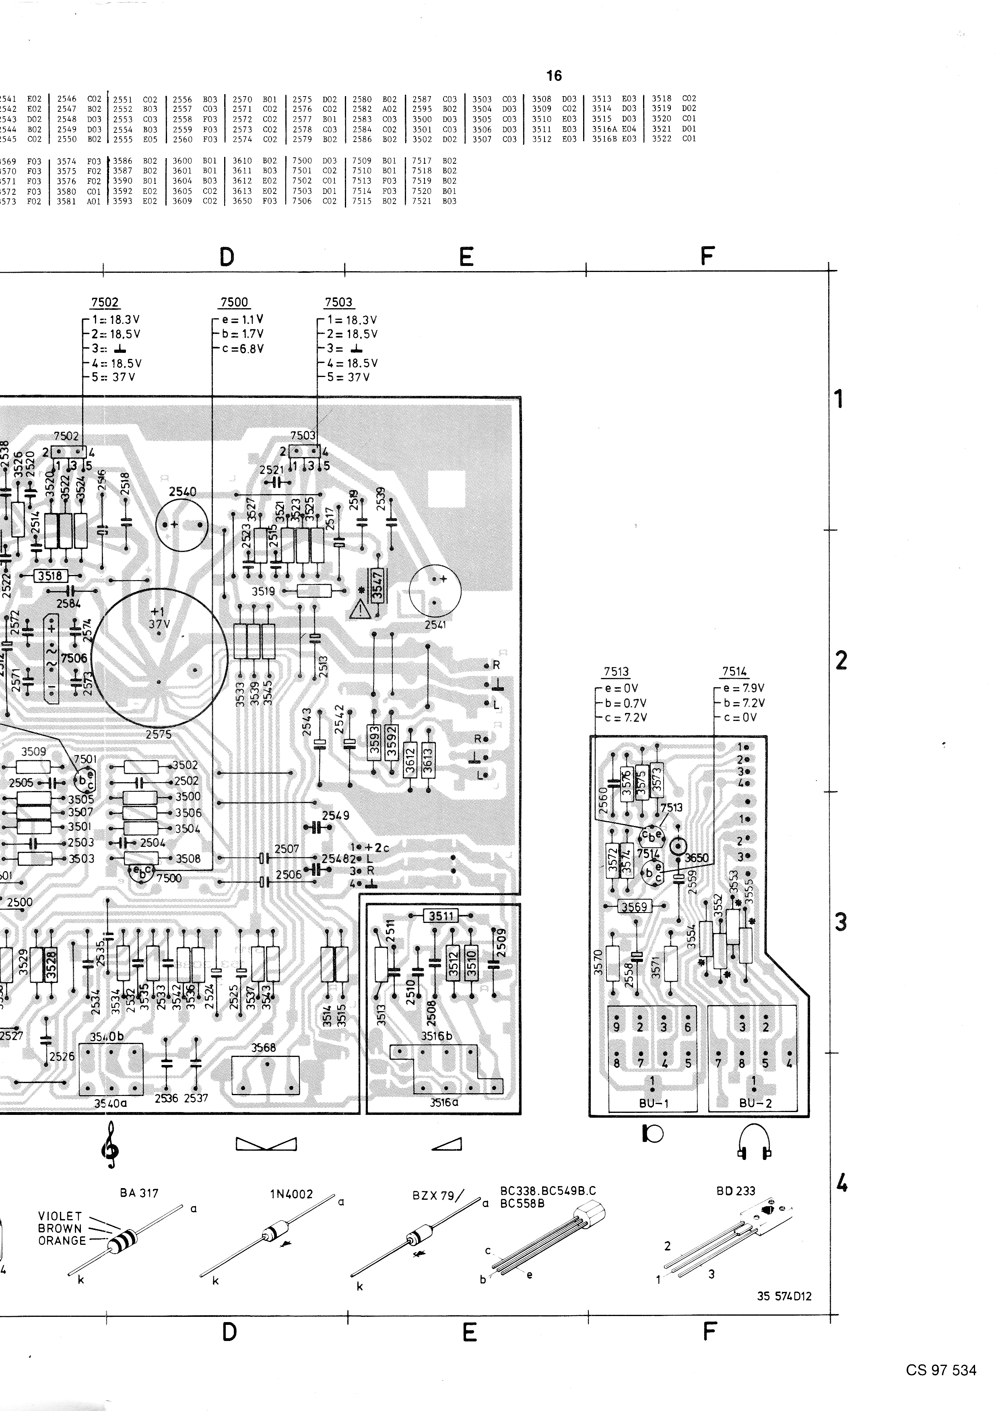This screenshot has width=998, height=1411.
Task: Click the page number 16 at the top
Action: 554,76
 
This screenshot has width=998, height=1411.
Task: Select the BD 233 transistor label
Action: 736,1191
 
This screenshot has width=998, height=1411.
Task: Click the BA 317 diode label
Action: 139,1193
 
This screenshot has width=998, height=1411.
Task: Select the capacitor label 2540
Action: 183,492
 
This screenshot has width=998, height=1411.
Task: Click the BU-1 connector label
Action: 653,1103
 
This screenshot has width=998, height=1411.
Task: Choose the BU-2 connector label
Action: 755,1103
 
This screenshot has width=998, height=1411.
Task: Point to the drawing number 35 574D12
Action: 784,1296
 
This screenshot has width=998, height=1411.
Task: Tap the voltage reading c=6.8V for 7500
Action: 243,348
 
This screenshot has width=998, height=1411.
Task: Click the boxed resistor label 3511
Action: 441,916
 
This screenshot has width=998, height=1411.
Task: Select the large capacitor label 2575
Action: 159,734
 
